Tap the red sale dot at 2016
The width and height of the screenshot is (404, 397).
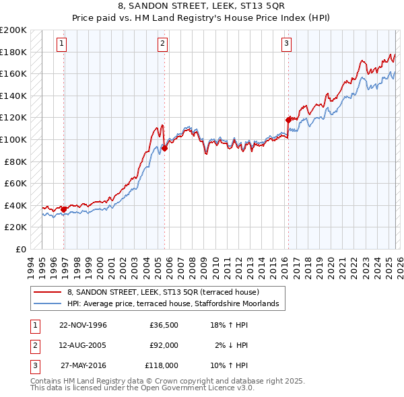coord(289,120)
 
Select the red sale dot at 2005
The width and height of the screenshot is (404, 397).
coord(164,148)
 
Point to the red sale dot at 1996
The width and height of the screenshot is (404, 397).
coord(64,209)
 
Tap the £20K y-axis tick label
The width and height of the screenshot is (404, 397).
coord(15,227)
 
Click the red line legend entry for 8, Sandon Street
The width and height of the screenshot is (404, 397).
coord(158,291)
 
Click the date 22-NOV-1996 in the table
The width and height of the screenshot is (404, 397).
coord(83,324)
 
